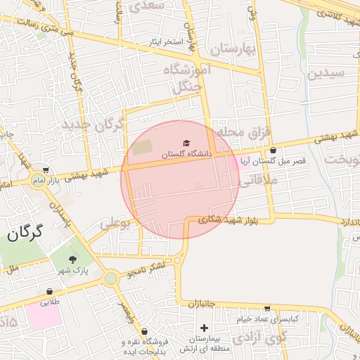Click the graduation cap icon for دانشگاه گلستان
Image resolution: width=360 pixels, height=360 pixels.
(186, 143)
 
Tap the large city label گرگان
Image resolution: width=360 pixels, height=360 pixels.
(25, 233)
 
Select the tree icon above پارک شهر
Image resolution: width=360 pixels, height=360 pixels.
(72, 259)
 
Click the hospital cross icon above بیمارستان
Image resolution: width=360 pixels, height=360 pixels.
(204, 328)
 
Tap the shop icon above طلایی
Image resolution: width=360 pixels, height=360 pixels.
(49, 291)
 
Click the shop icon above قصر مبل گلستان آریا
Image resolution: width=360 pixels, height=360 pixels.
(273, 150)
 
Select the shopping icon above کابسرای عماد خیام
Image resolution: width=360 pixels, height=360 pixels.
(267, 308)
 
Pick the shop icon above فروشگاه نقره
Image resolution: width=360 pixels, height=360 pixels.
(144, 331)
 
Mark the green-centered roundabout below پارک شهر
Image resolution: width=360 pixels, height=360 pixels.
(111, 278)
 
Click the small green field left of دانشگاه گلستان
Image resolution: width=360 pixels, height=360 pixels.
(142, 148)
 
